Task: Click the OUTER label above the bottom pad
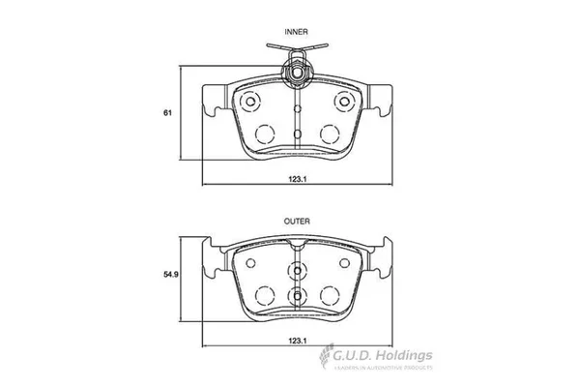pyautogui.click(x=297, y=222)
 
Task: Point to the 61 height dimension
pyautogui.click(x=167, y=114)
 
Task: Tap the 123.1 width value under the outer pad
pyautogui.click(x=297, y=340)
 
